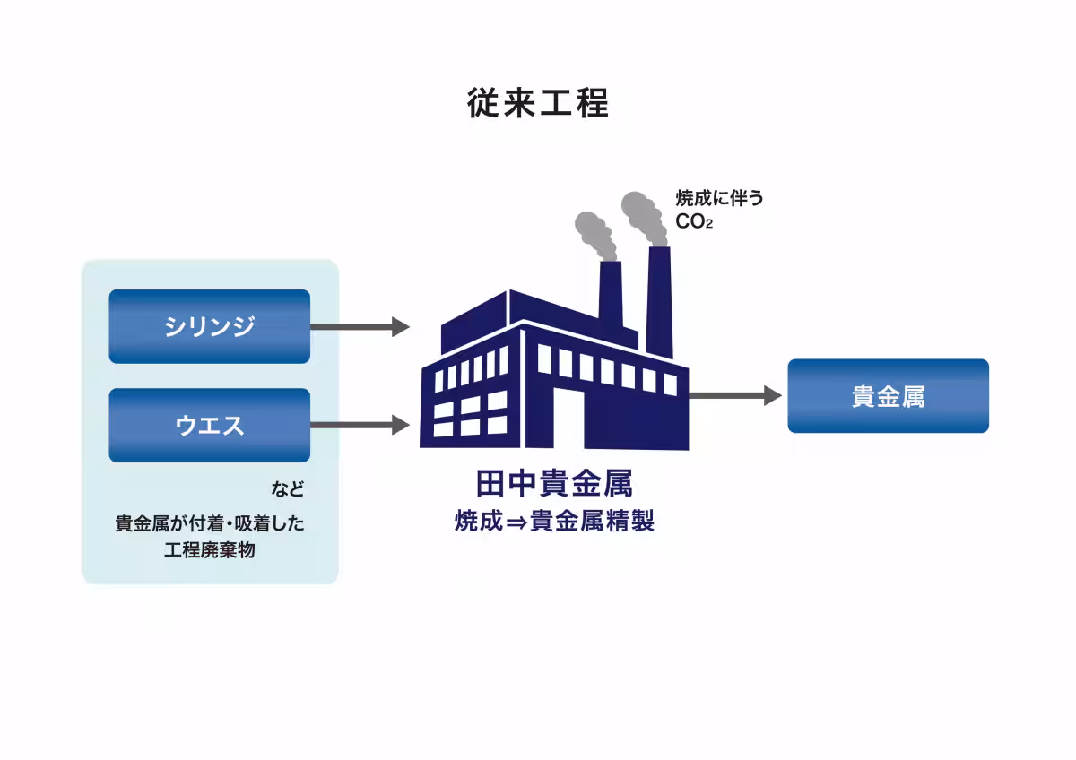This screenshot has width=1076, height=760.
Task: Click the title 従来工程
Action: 538,103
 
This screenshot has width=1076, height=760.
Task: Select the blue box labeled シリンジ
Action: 209,326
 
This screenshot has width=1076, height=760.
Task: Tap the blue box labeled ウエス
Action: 209,425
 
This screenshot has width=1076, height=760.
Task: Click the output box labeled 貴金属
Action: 888,396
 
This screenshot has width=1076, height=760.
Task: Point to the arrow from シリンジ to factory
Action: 360,327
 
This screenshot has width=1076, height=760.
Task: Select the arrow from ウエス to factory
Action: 360,425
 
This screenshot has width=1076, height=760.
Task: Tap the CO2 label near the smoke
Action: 694,220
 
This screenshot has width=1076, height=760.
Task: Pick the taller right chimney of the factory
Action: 659,300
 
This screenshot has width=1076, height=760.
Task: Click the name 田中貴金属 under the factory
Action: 554,484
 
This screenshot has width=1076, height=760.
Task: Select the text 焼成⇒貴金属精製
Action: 554,521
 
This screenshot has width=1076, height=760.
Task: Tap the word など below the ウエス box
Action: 288,490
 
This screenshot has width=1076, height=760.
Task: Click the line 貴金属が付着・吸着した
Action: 210,523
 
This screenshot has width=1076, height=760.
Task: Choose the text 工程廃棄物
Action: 210,550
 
